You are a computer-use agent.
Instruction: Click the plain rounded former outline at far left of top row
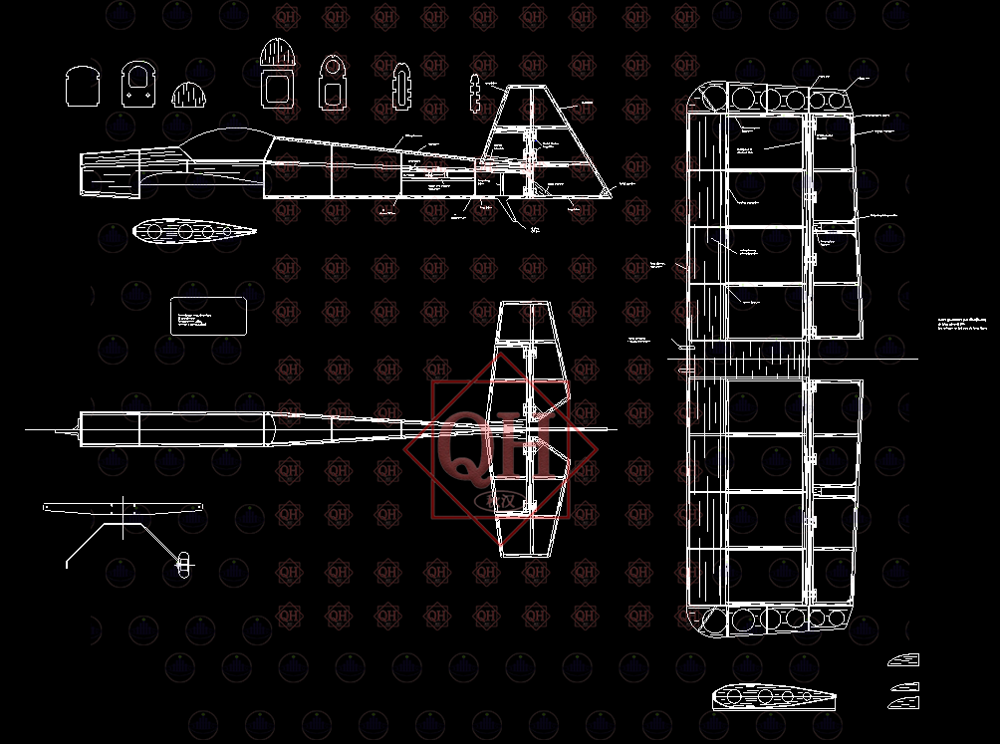coord(83,87)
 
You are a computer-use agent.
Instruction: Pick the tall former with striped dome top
coord(278,75)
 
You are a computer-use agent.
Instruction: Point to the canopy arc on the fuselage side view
coord(224,137)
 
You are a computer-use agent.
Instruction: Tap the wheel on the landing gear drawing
coord(182,564)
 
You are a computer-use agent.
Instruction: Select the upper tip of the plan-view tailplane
coord(527,309)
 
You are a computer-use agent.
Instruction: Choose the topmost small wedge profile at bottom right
coord(903,659)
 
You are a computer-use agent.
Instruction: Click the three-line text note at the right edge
coord(961,324)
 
